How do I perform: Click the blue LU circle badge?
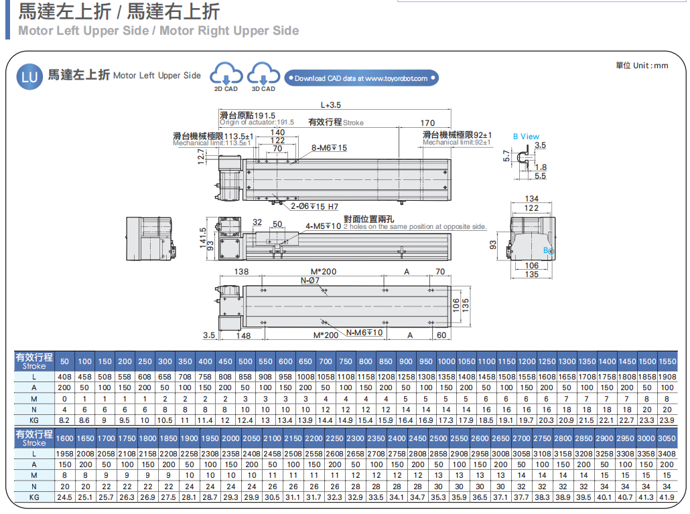point(30,76)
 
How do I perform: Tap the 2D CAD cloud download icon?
point(226,76)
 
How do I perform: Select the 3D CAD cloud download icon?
point(263,76)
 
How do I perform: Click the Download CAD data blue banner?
point(362,78)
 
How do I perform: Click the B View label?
point(526,137)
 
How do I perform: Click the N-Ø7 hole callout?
point(310,280)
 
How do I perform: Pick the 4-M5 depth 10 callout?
point(324,226)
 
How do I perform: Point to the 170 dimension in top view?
point(427,123)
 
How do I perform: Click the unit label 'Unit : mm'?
point(642,65)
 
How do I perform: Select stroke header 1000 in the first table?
point(446,361)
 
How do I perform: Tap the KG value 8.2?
point(65,420)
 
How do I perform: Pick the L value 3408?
point(666,454)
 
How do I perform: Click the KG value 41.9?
point(666,498)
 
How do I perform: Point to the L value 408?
point(65,376)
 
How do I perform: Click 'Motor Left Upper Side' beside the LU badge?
point(157,76)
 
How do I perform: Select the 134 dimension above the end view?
point(532,199)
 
